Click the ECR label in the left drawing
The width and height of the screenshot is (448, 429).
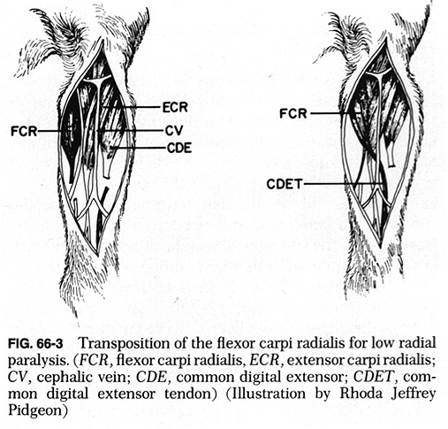point(175,107)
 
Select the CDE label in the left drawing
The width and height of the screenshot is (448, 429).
point(179,148)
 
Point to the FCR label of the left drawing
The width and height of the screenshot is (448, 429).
point(24,132)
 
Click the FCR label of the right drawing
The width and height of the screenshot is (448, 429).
point(293,113)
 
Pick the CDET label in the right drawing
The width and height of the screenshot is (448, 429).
point(285,184)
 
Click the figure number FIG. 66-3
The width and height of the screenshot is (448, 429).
point(35,344)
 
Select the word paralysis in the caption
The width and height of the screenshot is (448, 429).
point(39,361)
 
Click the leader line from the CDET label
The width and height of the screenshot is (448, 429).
point(344,184)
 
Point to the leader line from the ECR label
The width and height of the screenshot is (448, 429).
point(131,107)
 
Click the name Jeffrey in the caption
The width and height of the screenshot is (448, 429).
point(414,395)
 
